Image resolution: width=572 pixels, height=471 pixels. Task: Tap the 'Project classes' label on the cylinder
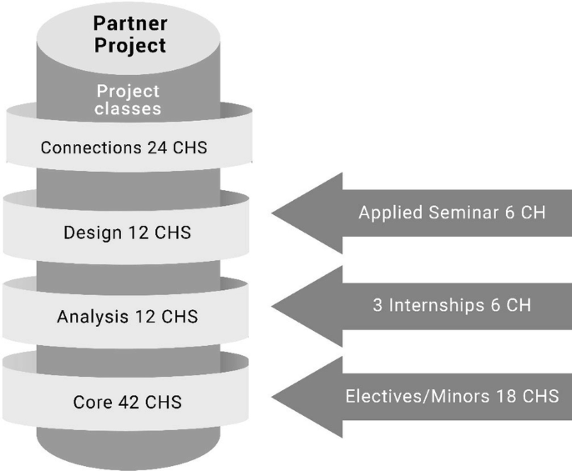[128, 99]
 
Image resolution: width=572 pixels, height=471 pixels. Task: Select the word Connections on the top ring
[84, 149]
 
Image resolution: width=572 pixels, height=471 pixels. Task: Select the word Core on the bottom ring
[90, 403]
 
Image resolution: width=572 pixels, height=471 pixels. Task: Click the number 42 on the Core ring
[130, 403]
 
